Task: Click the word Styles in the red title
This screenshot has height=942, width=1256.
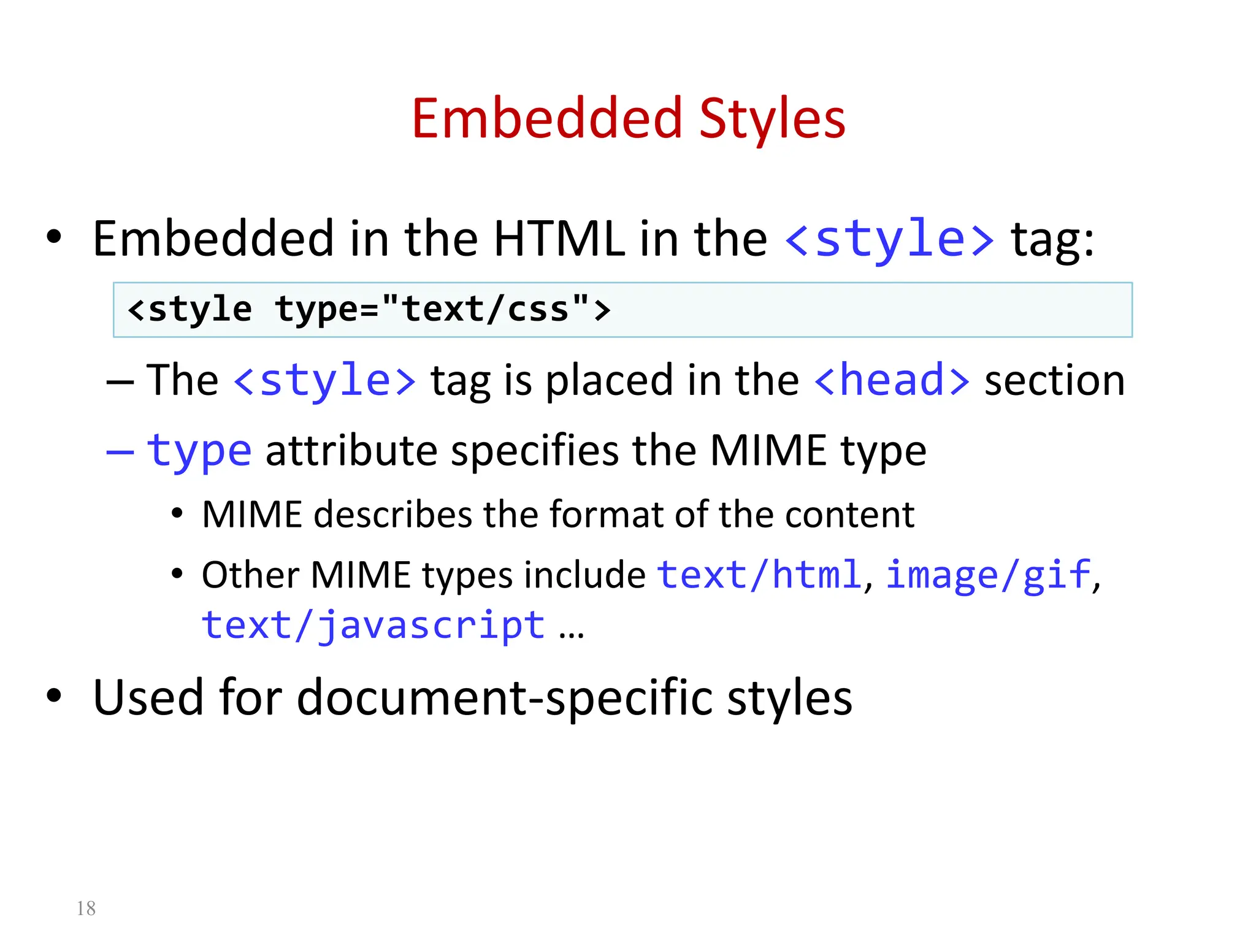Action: [x=772, y=120]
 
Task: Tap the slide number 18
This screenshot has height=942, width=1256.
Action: [x=86, y=908]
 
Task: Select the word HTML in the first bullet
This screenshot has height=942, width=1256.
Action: [x=559, y=239]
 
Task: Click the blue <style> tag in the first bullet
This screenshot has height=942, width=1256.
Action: [x=889, y=239]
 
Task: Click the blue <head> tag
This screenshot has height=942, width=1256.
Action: [x=892, y=380]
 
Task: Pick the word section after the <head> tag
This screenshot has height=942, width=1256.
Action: [x=1054, y=380]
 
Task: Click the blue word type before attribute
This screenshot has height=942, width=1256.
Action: [x=199, y=451]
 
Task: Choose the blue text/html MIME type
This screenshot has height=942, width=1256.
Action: [x=759, y=575]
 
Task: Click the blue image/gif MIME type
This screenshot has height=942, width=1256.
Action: [x=988, y=575]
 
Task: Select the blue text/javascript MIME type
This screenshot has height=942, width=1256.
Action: [x=373, y=626]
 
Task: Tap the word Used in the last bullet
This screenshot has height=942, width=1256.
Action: [x=148, y=697]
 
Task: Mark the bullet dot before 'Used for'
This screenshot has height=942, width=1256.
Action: [x=54, y=695]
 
